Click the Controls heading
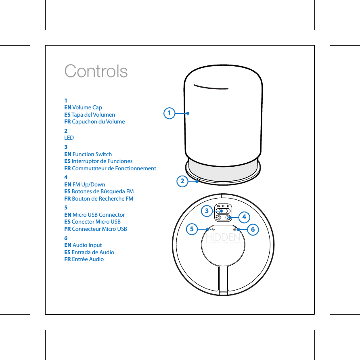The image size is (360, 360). tap(96, 71)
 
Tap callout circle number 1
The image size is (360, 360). tap(169, 113)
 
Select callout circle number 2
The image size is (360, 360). tap(182, 181)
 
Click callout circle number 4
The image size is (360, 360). tap(244, 218)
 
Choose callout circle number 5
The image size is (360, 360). tap(192, 229)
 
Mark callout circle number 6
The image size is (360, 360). tap(253, 230)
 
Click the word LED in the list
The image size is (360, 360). tap(69, 138)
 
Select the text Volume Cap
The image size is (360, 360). tap(87, 107)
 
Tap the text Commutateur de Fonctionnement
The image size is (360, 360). tap(114, 168)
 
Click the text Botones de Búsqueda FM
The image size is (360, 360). tap(103, 191)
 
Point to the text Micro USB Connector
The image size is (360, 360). tap(98, 215)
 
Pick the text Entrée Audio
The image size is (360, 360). tap(88, 259)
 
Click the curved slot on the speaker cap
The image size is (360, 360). tap(211, 87)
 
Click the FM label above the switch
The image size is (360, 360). tap(219, 206)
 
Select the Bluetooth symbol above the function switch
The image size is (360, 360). tap(228, 206)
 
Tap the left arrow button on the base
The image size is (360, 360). tap(219, 217)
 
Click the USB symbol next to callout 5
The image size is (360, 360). tap(213, 229)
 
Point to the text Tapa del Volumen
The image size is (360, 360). tap(93, 115)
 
